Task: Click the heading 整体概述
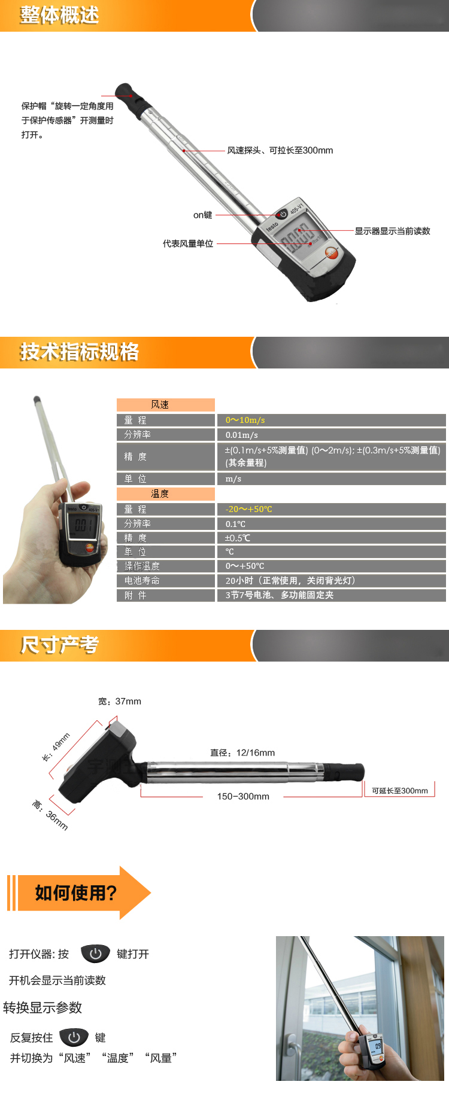(59, 15)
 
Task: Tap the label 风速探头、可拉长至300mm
(280, 150)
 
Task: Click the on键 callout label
(202, 215)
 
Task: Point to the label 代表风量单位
(188, 243)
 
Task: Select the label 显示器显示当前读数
(393, 231)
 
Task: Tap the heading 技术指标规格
(79, 352)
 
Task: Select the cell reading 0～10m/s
(245, 420)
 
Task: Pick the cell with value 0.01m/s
(242, 435)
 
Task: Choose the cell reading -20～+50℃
(249, 509)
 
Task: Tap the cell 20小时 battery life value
(290, 580)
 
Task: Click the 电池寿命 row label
(142, 580)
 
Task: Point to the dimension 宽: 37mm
(120, 701)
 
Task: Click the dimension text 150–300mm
(243, 796)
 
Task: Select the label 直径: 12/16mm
(242, 752)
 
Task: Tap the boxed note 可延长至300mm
(400, 790)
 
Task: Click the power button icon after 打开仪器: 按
(96, 953)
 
